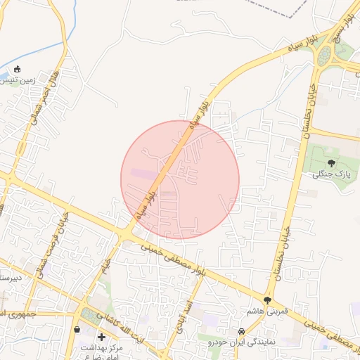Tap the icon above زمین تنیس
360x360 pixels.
coord(18,69)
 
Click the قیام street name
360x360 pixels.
coord(106,266)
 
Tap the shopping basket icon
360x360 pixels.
coord(77,328)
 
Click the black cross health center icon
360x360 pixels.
coord(102,337)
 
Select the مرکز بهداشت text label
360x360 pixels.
coord(102,348)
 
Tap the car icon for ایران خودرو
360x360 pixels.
coord(241,330)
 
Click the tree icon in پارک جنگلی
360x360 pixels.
coord(331,163)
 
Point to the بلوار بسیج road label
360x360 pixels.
coord(342,42)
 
